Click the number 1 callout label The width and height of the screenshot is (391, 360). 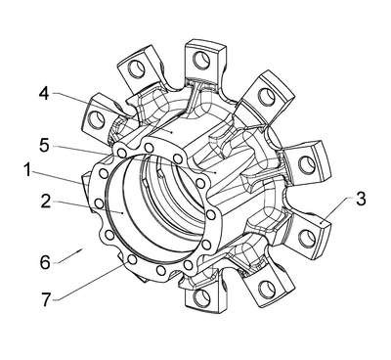pos(28,170)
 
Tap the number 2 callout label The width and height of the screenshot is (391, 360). pos(46,202)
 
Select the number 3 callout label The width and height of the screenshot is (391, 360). pos(361,199)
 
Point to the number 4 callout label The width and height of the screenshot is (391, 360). pos(44,93)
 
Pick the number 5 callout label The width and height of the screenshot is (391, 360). pos(44,145)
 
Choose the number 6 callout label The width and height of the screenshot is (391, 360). pos(45,262)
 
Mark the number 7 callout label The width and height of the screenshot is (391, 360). pos(46,299)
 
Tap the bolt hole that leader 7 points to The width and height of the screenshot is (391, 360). pos(132,259)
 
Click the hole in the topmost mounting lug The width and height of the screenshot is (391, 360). pos(201,61)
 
